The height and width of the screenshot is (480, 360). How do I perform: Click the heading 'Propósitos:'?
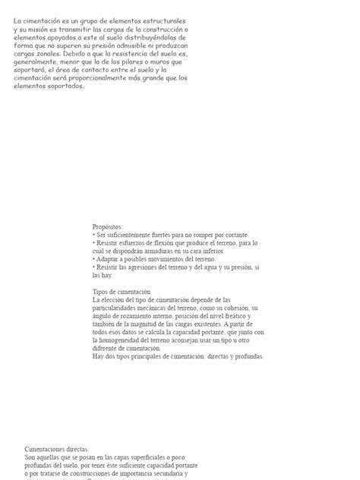[107, 226]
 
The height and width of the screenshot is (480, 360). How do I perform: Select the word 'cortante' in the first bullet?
[235, 235]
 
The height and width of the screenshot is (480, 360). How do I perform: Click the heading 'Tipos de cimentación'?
[122, 292]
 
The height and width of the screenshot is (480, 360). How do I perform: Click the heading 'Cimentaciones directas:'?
[56, 449]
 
